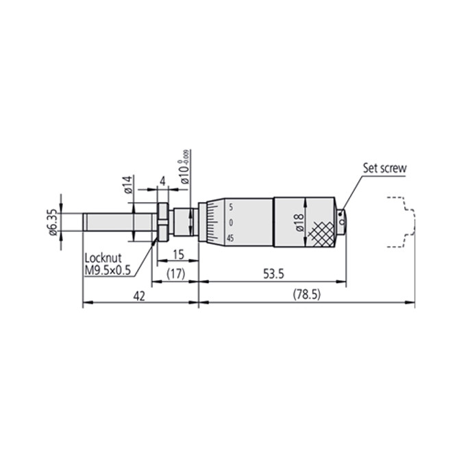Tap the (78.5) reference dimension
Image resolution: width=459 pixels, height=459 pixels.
[306, 295]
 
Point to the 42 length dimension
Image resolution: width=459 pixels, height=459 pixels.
[140, 294]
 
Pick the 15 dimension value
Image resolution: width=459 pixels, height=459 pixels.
[177, 254]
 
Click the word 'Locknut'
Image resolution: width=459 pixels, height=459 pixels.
[103, 259]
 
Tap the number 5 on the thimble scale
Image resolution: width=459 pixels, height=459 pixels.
[231, 207]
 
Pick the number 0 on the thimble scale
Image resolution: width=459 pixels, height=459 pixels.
[231, 223]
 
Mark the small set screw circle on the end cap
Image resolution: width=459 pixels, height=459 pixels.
[342, 223]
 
